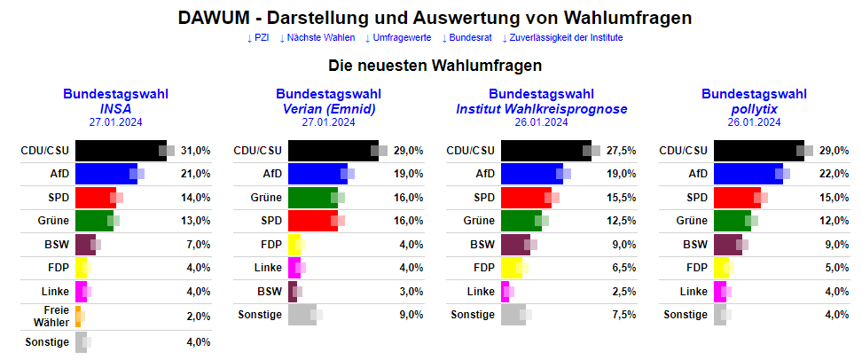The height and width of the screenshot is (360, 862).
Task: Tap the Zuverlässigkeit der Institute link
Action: point(562,38)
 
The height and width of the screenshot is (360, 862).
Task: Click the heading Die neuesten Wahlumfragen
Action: point(435,66)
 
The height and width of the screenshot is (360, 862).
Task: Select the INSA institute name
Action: point(115,108)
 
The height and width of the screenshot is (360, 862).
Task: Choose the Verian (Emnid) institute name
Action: point(328,108)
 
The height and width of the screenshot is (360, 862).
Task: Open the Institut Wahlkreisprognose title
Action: point(541,108)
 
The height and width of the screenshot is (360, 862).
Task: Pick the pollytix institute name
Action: point(754,108)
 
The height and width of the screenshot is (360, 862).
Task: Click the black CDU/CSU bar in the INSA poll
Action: point(121,151)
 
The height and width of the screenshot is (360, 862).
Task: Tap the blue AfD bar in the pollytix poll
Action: point(748,174)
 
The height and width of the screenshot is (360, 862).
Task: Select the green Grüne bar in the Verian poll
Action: point(310,197)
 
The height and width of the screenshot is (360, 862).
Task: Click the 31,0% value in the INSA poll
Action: point(196,151)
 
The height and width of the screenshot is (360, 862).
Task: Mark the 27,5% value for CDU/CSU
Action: point(621,151)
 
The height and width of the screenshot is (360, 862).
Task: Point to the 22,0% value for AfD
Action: point(835,174)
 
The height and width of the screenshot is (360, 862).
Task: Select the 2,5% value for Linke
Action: point(623,291)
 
